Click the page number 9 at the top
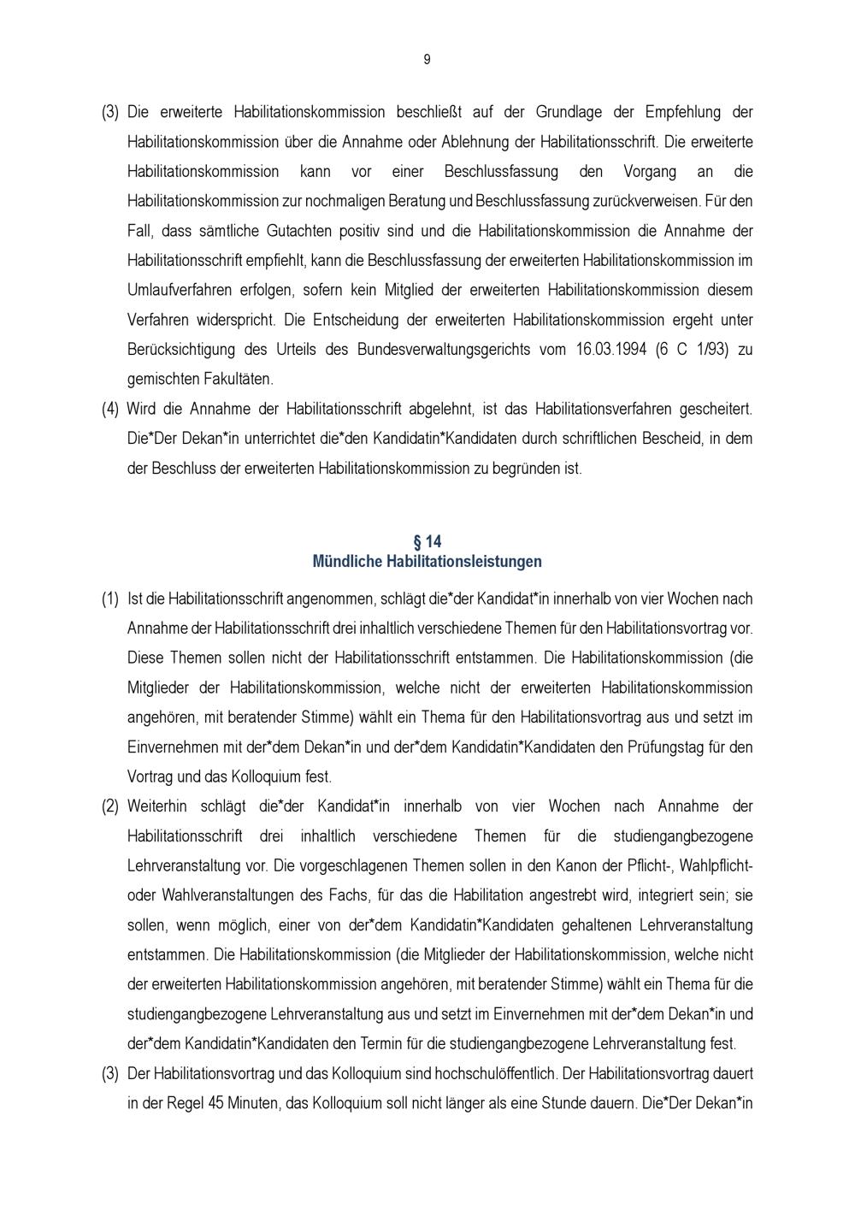tap(427, 59)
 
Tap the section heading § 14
tap(427, 542)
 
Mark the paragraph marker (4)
tap(110, 409)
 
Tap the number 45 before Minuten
tap(215, 1103)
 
